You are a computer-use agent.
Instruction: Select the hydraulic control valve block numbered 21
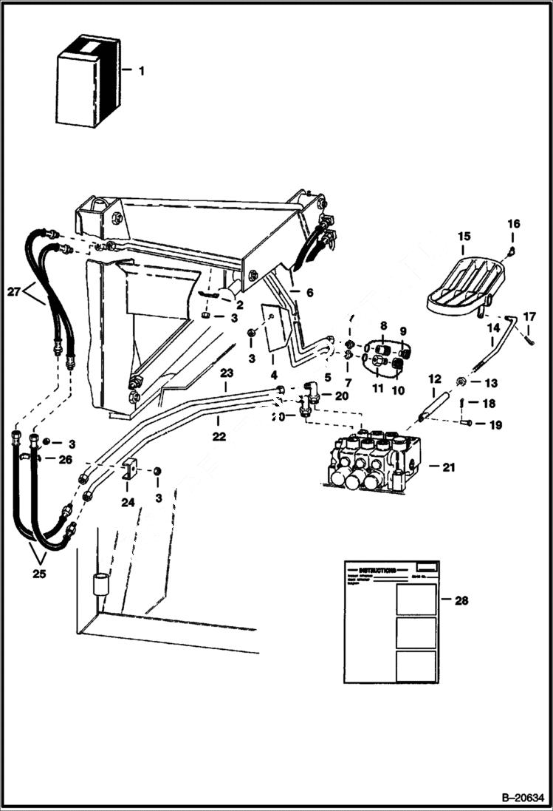coord(373,464)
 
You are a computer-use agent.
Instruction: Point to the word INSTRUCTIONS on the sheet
coord(381,571)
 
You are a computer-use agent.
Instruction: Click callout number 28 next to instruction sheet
coord(461,600)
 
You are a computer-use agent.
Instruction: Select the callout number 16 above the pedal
coord(513,223)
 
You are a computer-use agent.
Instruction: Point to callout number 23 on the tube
coord(227,373)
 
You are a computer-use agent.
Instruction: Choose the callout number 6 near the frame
coord(310,293)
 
